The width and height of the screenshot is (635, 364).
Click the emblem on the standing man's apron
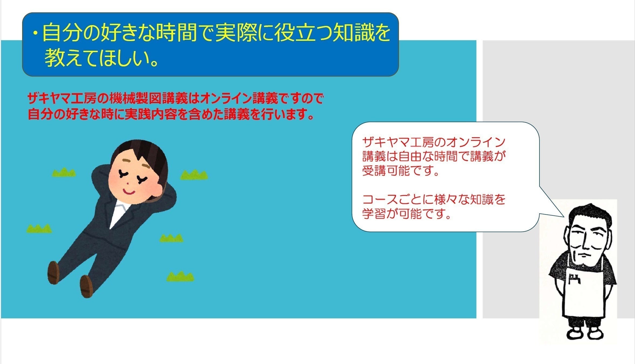pyautogui.click(x=574, y=280)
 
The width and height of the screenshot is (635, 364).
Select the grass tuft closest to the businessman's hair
pyautogui.click(x=194, y=175)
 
